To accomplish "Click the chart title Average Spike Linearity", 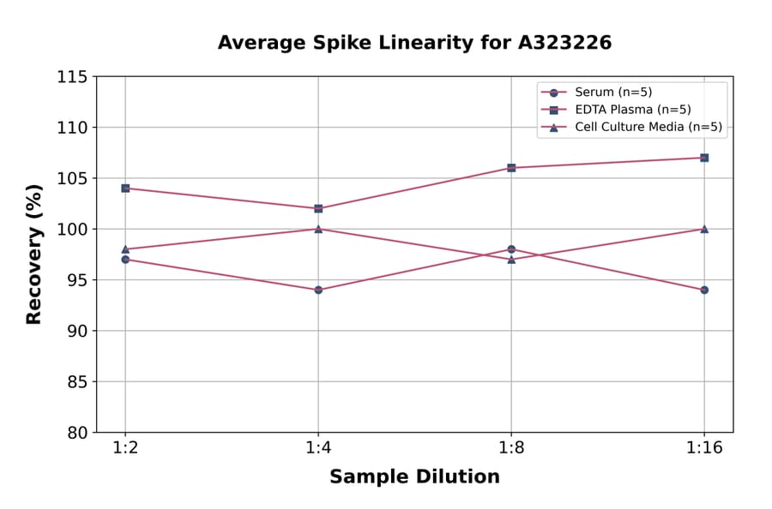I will point(414,43).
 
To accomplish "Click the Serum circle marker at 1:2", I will point(125,259).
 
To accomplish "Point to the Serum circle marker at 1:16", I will point(704,290).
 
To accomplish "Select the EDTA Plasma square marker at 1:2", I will point(125,188).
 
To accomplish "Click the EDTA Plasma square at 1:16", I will point(704,158).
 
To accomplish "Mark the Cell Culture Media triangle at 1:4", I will point(318,229).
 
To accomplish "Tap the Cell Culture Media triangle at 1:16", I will point(704,229).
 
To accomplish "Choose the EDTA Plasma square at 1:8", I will point(511,168).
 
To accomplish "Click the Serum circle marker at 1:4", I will point(318,290).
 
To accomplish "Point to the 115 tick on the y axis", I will point(72,77).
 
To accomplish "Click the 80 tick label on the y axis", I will point(75,433).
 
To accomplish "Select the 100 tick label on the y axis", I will point(72,229).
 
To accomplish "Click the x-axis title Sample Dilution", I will point(414,477).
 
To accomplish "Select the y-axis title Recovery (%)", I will point(34,254).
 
